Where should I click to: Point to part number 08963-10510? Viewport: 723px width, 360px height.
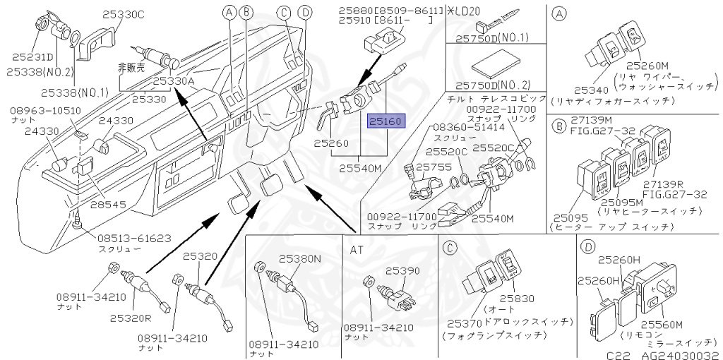tap(44, 111)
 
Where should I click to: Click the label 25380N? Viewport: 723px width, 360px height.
tap(300, 258)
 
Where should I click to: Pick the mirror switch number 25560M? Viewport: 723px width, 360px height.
tap(662, 324)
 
